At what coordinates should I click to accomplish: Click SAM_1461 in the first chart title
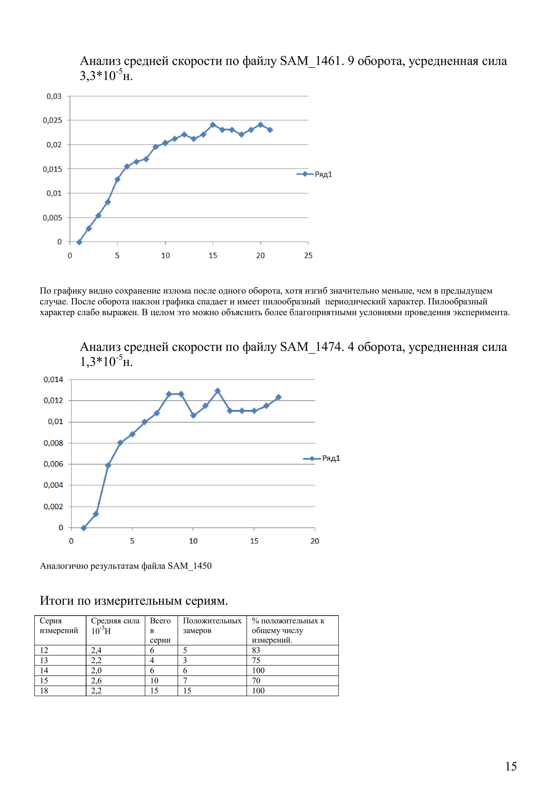310,61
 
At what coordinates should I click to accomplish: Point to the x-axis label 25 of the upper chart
308,255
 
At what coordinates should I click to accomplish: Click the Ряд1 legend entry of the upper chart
323,174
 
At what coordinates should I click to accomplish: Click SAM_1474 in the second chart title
310,347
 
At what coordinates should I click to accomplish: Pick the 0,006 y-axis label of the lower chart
53,464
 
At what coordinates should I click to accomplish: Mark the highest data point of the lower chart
218,391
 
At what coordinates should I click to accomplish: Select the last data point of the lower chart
278,397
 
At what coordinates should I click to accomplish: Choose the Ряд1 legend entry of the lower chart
331,458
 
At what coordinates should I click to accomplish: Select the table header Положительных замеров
212,625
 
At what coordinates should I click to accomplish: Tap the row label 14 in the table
44,670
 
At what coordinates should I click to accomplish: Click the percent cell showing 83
256,650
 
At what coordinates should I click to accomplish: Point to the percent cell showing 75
256,660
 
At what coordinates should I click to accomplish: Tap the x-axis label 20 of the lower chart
315,541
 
